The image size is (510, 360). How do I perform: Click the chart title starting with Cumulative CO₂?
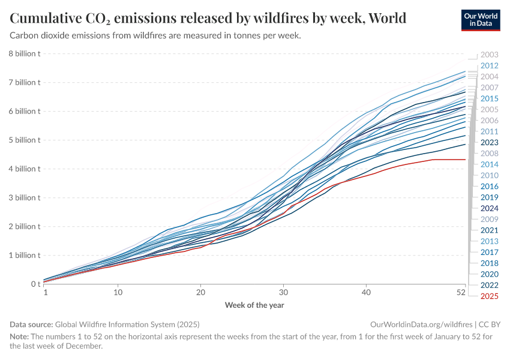click(208, 18)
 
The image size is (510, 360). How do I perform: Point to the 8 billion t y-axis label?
click(24, 53)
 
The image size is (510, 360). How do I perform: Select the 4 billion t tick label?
click(24, 169)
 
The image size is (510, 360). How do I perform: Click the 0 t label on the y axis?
click(35, 284)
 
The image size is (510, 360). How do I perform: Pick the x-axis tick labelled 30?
click(283, 293)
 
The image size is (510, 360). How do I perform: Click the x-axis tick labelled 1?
click(46, 293)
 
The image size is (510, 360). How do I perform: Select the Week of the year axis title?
click(254, 305)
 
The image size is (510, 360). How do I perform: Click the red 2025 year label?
click(490, 296)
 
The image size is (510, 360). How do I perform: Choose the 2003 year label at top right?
click(490, 55)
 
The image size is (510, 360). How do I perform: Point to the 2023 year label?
click(490, 142)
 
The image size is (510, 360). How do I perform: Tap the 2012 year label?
click(490, 65)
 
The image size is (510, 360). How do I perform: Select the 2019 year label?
click(490, 197)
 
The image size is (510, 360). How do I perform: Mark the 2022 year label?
click(490, 284)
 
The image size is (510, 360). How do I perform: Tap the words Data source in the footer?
click(31, 324)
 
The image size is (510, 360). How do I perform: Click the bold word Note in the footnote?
click(19, 337)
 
